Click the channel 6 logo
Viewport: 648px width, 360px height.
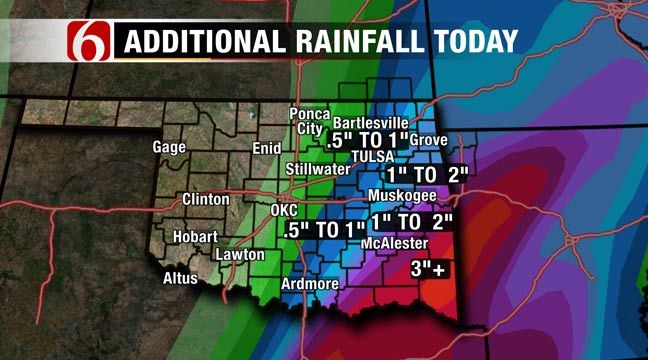(x=88, y=41)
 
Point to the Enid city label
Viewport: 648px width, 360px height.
(x=267, y=148)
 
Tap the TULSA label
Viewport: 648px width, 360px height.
(x=373, y=158)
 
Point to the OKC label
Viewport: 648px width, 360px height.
(x=285, y=210)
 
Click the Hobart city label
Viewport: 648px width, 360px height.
(x=193, y=238)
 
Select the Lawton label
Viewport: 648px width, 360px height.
(x=241, y=255)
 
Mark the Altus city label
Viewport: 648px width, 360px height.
(x=181, y=278)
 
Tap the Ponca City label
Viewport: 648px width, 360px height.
(x=309, y=121)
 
